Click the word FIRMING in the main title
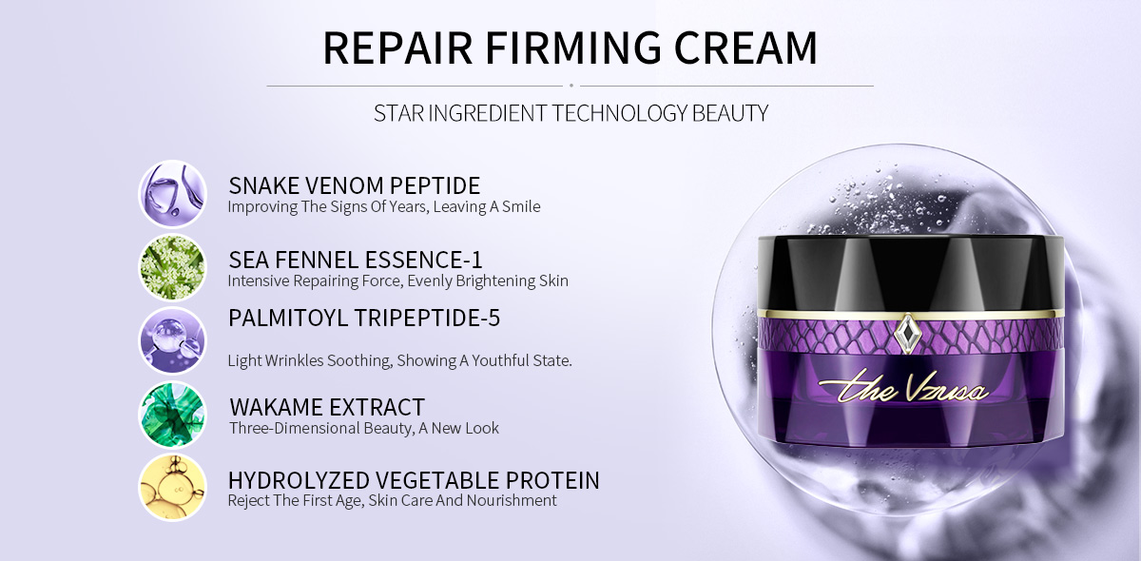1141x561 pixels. [x=572, y=48]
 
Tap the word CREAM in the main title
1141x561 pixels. [x=745, y=48]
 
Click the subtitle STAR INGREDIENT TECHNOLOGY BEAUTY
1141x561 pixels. [x=571, y=113]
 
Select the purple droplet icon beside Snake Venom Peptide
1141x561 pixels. [x=173, y=194]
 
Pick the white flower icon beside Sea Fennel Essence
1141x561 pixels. [x=173, y=267]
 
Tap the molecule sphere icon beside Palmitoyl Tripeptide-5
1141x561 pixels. [x=173, y=341]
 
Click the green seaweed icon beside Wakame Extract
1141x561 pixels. [x=173, y=415]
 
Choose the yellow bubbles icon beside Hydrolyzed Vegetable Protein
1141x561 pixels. [x=173, y=488]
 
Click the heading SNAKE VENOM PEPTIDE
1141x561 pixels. [x=354, y=185]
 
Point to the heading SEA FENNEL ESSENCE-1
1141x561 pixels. [x=355, y=260]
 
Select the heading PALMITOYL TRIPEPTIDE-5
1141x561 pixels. [x=364, y=318]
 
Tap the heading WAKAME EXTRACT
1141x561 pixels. [x=327, y=407]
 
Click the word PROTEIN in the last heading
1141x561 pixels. [x=552, y=480]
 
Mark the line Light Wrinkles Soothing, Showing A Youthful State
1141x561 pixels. [x=400, y=360]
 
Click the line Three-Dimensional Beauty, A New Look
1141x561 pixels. [x=363, y=428]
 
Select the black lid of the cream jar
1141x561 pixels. [x=910, y=274]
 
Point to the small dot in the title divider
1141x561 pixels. [x=571, y=86]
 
